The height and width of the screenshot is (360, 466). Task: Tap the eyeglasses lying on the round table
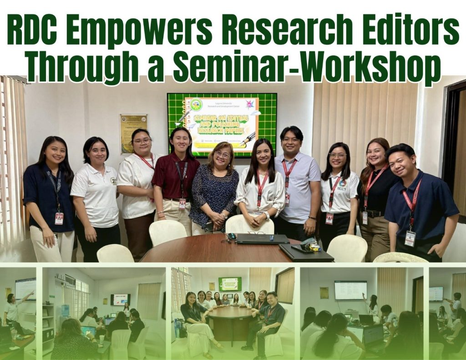(257, 233)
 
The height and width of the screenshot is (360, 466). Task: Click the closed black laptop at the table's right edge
(306, 254)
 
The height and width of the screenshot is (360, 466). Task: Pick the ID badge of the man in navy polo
(410, 238)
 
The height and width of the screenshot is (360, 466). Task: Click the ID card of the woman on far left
(59, 218)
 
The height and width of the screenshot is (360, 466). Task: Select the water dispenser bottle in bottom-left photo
(65, 310)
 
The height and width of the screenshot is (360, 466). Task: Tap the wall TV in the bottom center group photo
(230, 284)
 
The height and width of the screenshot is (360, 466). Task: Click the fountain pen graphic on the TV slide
(247, 139)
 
